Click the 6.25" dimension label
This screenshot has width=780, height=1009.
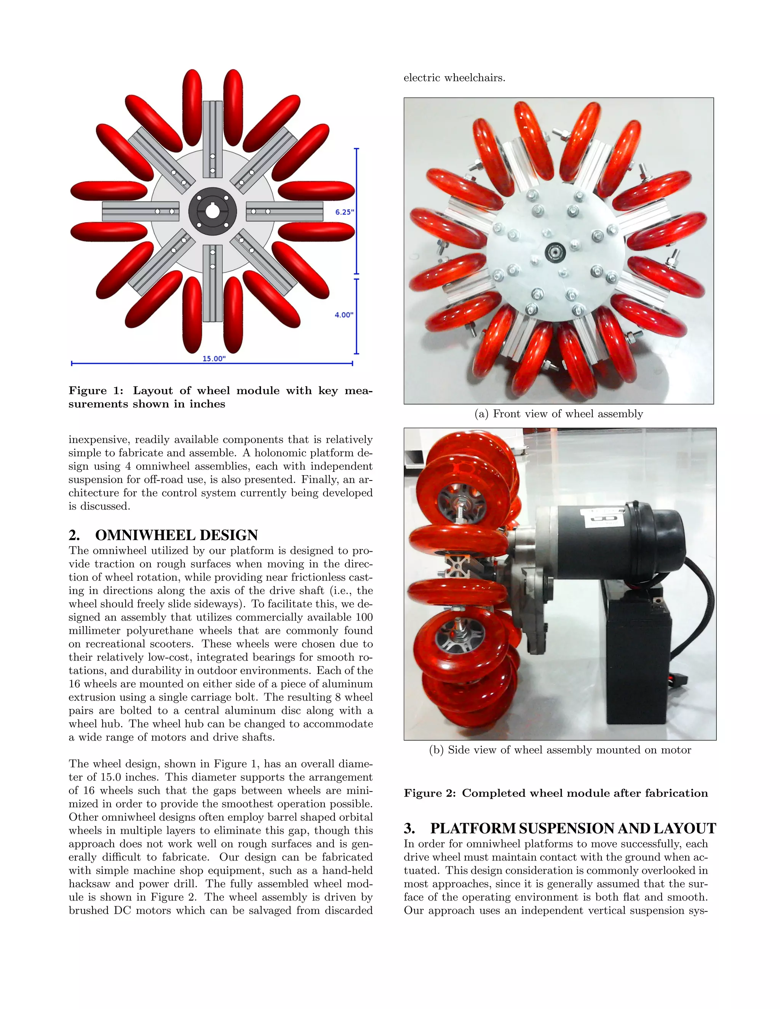pos(344,212)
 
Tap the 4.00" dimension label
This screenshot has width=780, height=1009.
pos(344,315)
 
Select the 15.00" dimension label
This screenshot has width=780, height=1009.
pos(214,359)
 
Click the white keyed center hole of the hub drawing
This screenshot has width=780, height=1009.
pos(212,212)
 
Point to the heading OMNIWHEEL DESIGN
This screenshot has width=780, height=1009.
pos(176,535)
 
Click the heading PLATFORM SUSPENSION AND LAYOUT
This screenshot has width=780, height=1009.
pos(572,829)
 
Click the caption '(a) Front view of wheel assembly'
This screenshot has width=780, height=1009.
pos(559,413)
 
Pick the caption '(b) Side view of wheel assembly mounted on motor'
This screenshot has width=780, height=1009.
pos(560,750)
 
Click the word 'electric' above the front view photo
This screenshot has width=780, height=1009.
pos(422,78)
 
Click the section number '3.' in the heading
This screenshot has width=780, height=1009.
pos(409,829)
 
